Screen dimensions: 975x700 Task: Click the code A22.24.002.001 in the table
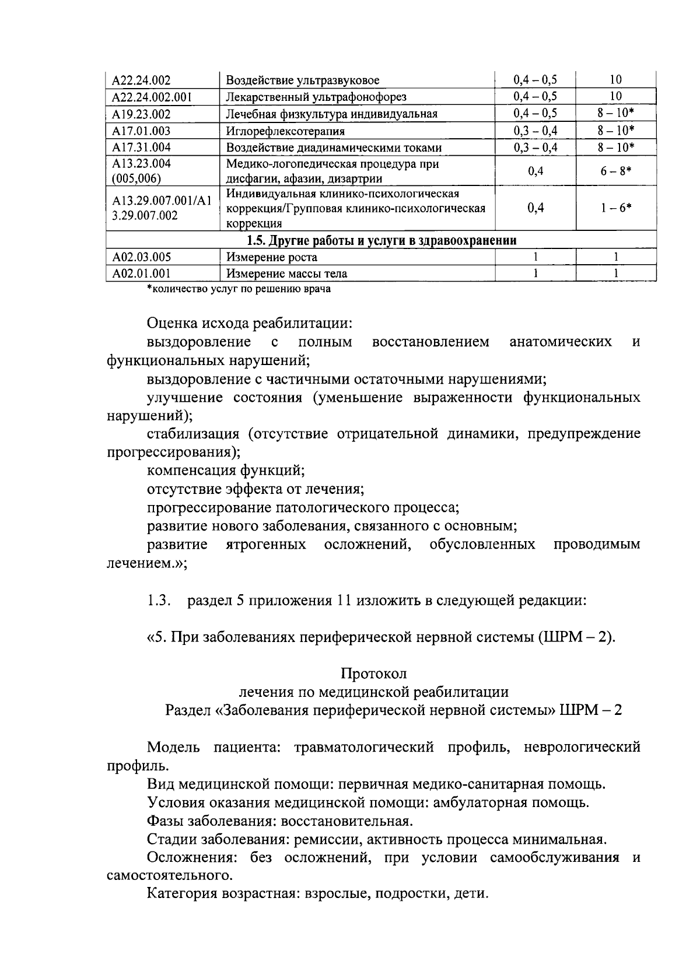(x=152, y=97)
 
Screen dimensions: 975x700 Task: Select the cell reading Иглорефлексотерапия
(x=285, y=131)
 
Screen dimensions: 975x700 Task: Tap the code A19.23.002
(x=142, y=114)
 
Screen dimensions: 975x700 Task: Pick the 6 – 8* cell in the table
(x=616, y=171)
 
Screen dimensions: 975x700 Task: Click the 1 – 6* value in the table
(x=616, y=208)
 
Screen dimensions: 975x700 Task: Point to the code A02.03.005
(x=142, y=257)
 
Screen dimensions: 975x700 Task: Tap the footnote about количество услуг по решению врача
(x=239, y=289)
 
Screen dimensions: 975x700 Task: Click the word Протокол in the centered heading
(x=374, y=673)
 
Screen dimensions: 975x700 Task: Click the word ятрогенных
(x=266, y=545)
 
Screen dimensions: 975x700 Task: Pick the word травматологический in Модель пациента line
(x=364, y=747)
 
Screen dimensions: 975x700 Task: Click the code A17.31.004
(x=142, y=148)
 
